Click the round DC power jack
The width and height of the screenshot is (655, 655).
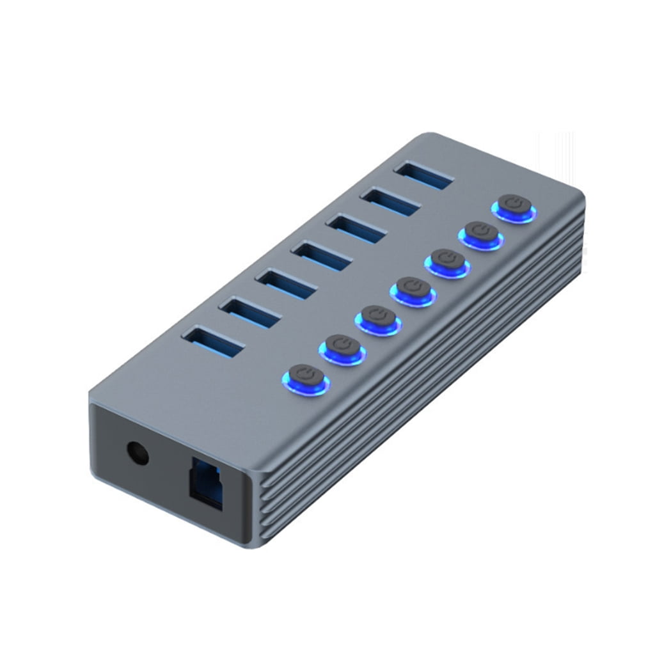tap(138, 454)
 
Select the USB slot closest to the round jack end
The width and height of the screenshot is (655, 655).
tap(214, 341)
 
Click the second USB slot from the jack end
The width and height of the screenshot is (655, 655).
tap(249, 312)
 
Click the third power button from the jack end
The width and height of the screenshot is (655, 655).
tap(379, 318)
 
